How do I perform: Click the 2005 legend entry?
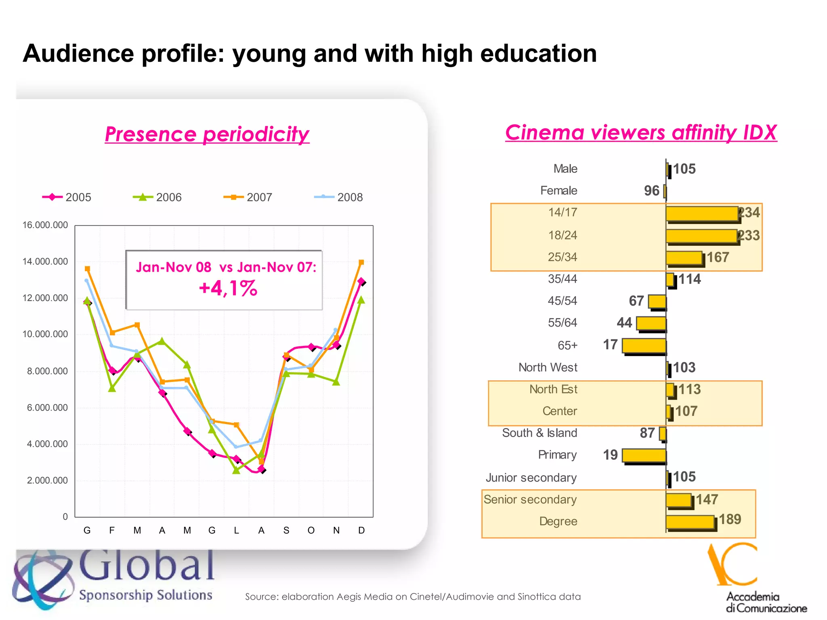67,197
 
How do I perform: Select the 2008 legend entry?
339,197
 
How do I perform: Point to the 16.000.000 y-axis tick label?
45,225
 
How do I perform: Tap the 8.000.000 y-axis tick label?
47,371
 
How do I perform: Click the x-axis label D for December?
361,530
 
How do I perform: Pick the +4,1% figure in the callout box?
228,289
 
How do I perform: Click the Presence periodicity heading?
207,134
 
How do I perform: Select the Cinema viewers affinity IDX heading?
641,132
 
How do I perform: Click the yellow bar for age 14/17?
702,214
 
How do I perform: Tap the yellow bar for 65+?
644,346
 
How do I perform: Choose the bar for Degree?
690,522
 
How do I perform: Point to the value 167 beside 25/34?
718,257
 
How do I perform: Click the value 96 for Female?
651,191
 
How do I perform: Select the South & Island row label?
539,433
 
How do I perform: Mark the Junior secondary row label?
531,478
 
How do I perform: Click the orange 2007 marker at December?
361,262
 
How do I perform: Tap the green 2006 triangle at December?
361,300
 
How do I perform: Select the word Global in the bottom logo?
147,565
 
